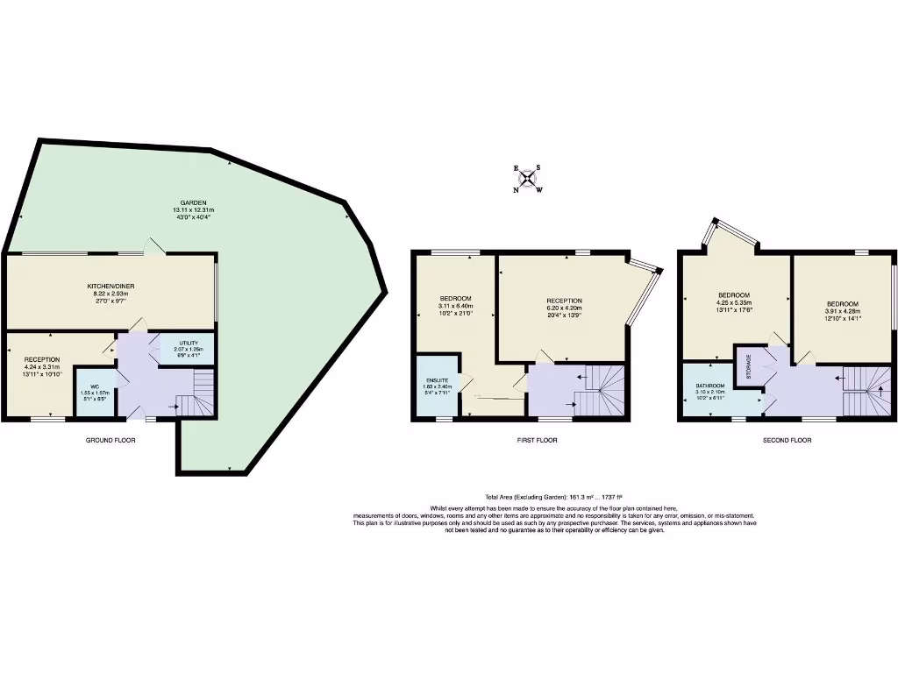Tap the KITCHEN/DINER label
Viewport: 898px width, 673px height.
click(110, 287)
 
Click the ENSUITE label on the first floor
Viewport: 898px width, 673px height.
click(436, 379)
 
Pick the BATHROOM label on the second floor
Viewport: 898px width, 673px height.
click(710, 386)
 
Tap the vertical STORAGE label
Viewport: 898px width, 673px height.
click(749, 365)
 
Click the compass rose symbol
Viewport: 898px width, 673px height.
click(528, 179)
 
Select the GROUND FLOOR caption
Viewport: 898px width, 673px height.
click(110, 440)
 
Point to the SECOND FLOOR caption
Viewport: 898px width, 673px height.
click(787, 440)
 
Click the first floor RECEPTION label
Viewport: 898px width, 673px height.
click(562, 301)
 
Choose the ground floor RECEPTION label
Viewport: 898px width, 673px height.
click(42, 359)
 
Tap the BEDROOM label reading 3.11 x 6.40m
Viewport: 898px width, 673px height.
click(456, 298)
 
